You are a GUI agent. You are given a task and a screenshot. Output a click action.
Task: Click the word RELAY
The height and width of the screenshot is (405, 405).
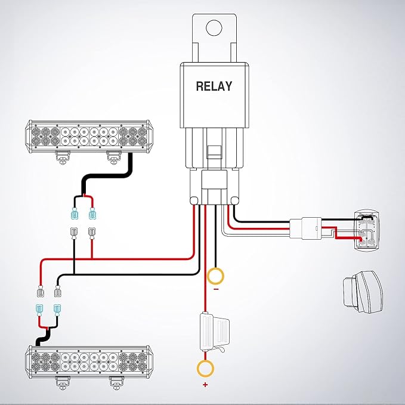pyautogui.click(x=214, y=86)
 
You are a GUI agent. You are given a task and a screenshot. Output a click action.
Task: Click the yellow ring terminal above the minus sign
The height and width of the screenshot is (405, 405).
pyautogui.click(x=215, y=276)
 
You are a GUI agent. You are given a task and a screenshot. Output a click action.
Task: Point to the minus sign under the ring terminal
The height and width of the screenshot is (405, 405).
pyautogui.click(x=215, y=289)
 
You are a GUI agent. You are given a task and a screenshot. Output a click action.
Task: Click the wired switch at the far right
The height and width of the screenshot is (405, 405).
pyautogui.click(x=364, y=230)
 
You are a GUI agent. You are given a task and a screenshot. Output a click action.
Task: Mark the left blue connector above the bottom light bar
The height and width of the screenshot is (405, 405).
pyautogui.click(x=39, y=310)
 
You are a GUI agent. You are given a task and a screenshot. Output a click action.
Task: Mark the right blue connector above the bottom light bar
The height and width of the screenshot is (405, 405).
pyautogui.click(x=58, y=310)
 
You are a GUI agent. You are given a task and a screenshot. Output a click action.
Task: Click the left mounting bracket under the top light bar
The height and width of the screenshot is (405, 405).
pyautogui.click(x=61, y=157)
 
